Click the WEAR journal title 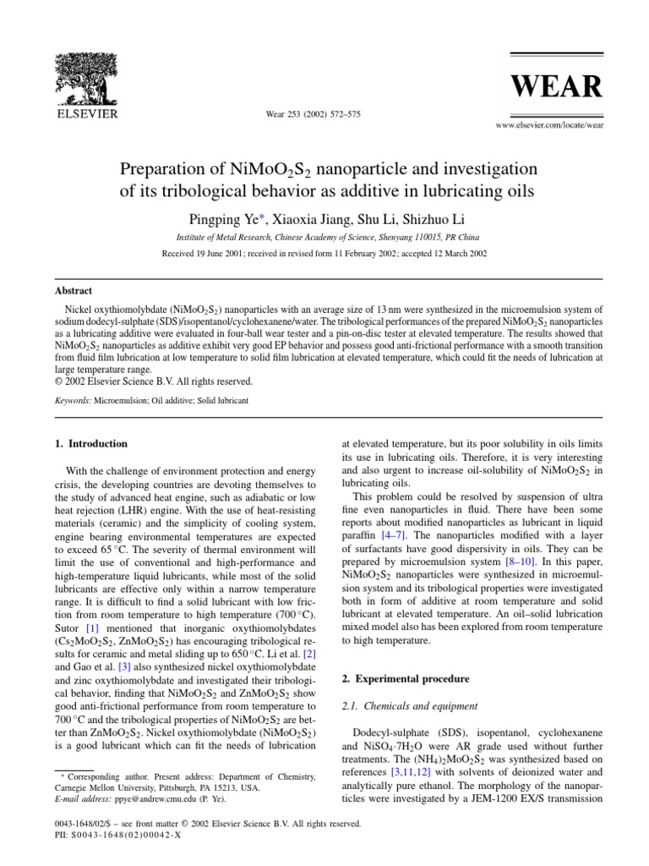click(561, 87)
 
